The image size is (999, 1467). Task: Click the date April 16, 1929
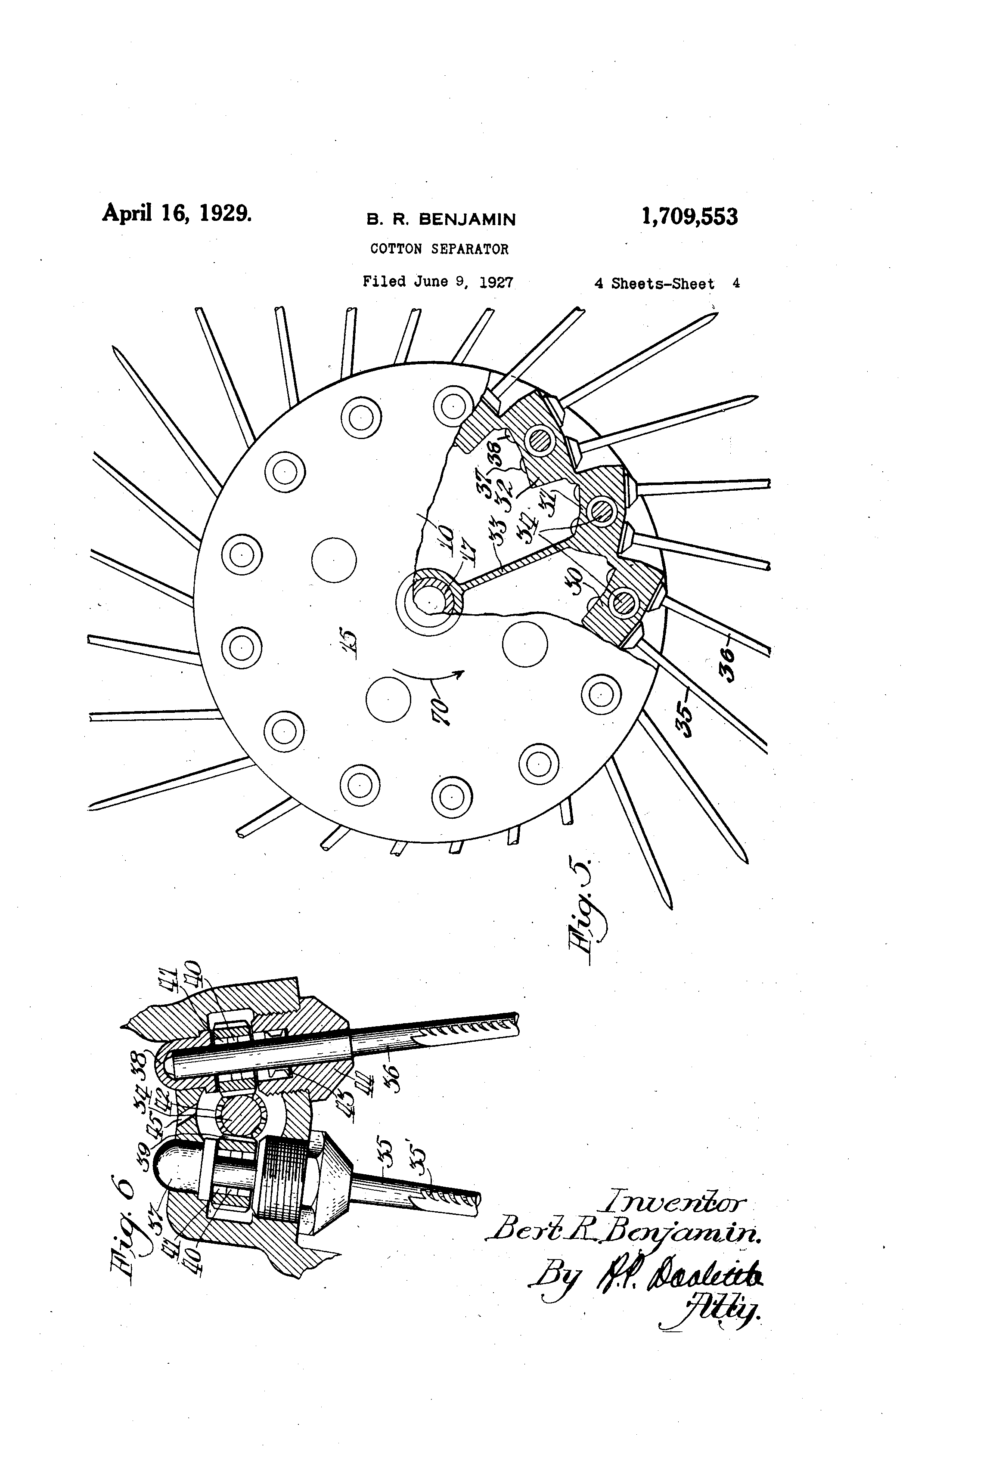tap(177, 213)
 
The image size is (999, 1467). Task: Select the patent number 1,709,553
tap(689, 217)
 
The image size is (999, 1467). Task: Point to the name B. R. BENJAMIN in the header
tap(441, 219)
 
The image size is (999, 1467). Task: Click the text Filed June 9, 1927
tap(437, 282)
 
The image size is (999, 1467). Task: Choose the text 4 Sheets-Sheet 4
tap(666, 284)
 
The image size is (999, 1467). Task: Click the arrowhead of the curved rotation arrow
tap(460, 674)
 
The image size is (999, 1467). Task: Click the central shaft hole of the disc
tap(428, 597)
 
